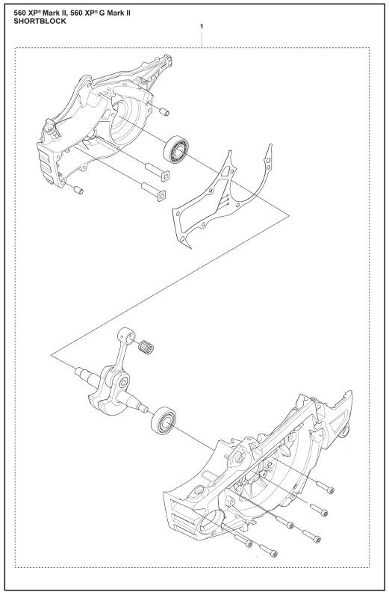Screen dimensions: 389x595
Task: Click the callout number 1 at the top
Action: pos(202,27)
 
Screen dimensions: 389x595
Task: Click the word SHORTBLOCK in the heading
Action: pos(40,21)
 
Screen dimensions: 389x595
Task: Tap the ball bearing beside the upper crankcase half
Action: pos(176,149)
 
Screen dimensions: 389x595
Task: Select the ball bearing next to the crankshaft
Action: pos(164,420)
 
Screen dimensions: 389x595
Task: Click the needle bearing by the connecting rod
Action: pos(146,347)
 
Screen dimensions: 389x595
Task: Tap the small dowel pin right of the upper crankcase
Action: pos(164,111)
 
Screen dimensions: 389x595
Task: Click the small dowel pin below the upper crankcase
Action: pos(78,190)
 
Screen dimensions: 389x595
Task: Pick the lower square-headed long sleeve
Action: pos(154,191)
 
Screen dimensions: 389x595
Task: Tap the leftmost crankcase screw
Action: pos(243,540)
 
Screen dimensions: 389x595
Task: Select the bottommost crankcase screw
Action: pos(269,551)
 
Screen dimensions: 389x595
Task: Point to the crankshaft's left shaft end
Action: pos(84,374)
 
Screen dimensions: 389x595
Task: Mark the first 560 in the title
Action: pos(20,13)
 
